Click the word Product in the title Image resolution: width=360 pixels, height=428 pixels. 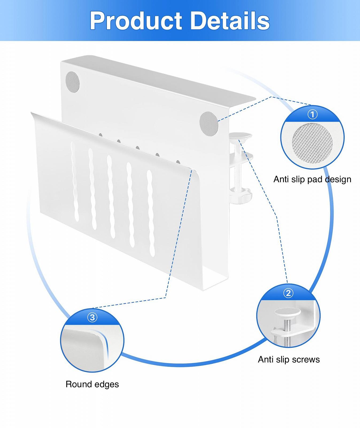[136, 21]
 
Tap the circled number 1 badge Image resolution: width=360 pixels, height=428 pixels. [312, 114]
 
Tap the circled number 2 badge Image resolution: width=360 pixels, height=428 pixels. [288, 293]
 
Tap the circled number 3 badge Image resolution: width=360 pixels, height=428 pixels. [92, 318]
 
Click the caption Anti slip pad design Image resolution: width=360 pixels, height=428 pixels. [312, 179]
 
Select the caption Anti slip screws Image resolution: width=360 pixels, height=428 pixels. [289, 359]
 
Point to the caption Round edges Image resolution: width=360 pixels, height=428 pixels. [92, 384]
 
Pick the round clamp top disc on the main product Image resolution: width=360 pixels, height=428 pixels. [241, 136]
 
